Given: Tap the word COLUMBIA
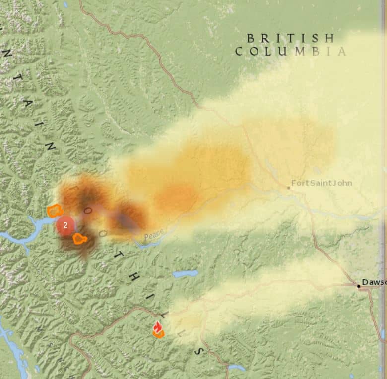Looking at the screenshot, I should pos(291,51).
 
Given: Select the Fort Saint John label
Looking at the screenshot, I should pos(322,183).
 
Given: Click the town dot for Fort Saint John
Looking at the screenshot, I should pos(288,188).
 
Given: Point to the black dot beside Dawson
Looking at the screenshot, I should pos(358,286).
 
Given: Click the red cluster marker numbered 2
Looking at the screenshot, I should pos(65,225).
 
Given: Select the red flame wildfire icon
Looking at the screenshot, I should pos(158,328).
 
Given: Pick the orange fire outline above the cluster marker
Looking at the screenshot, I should pos(55,211).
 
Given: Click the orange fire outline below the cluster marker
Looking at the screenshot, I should pos(80,239).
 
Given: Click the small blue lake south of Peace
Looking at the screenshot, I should pos(186,274).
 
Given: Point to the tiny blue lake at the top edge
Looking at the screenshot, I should pos(66,4).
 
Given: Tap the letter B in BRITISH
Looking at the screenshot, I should pos(251,38).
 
